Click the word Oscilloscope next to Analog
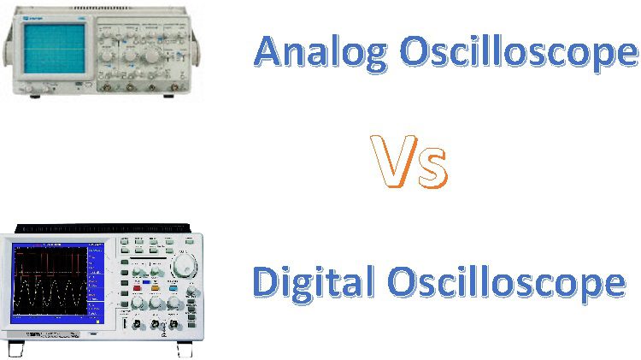(x=519, y=53)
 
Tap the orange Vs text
(x=409, y=162)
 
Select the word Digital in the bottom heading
(x=314, y=283)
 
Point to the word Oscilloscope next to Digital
(x=507, y=283)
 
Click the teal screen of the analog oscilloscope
(x=55, y=48)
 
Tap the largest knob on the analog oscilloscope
(x=150, y=56)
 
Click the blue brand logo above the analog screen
(x=30, y=19)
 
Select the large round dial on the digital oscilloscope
(x=184, y=265)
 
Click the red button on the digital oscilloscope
(x=137, y=288)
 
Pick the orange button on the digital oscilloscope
(x=155, y=288)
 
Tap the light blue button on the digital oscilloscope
(x=173, y=288)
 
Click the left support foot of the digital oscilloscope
(x=16, y=349)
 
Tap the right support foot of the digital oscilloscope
(x=185, y=349)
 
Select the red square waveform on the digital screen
(x=50, y=264)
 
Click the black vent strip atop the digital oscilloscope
(x=103, y=228)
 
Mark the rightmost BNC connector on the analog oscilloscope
(x=174, y=86)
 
